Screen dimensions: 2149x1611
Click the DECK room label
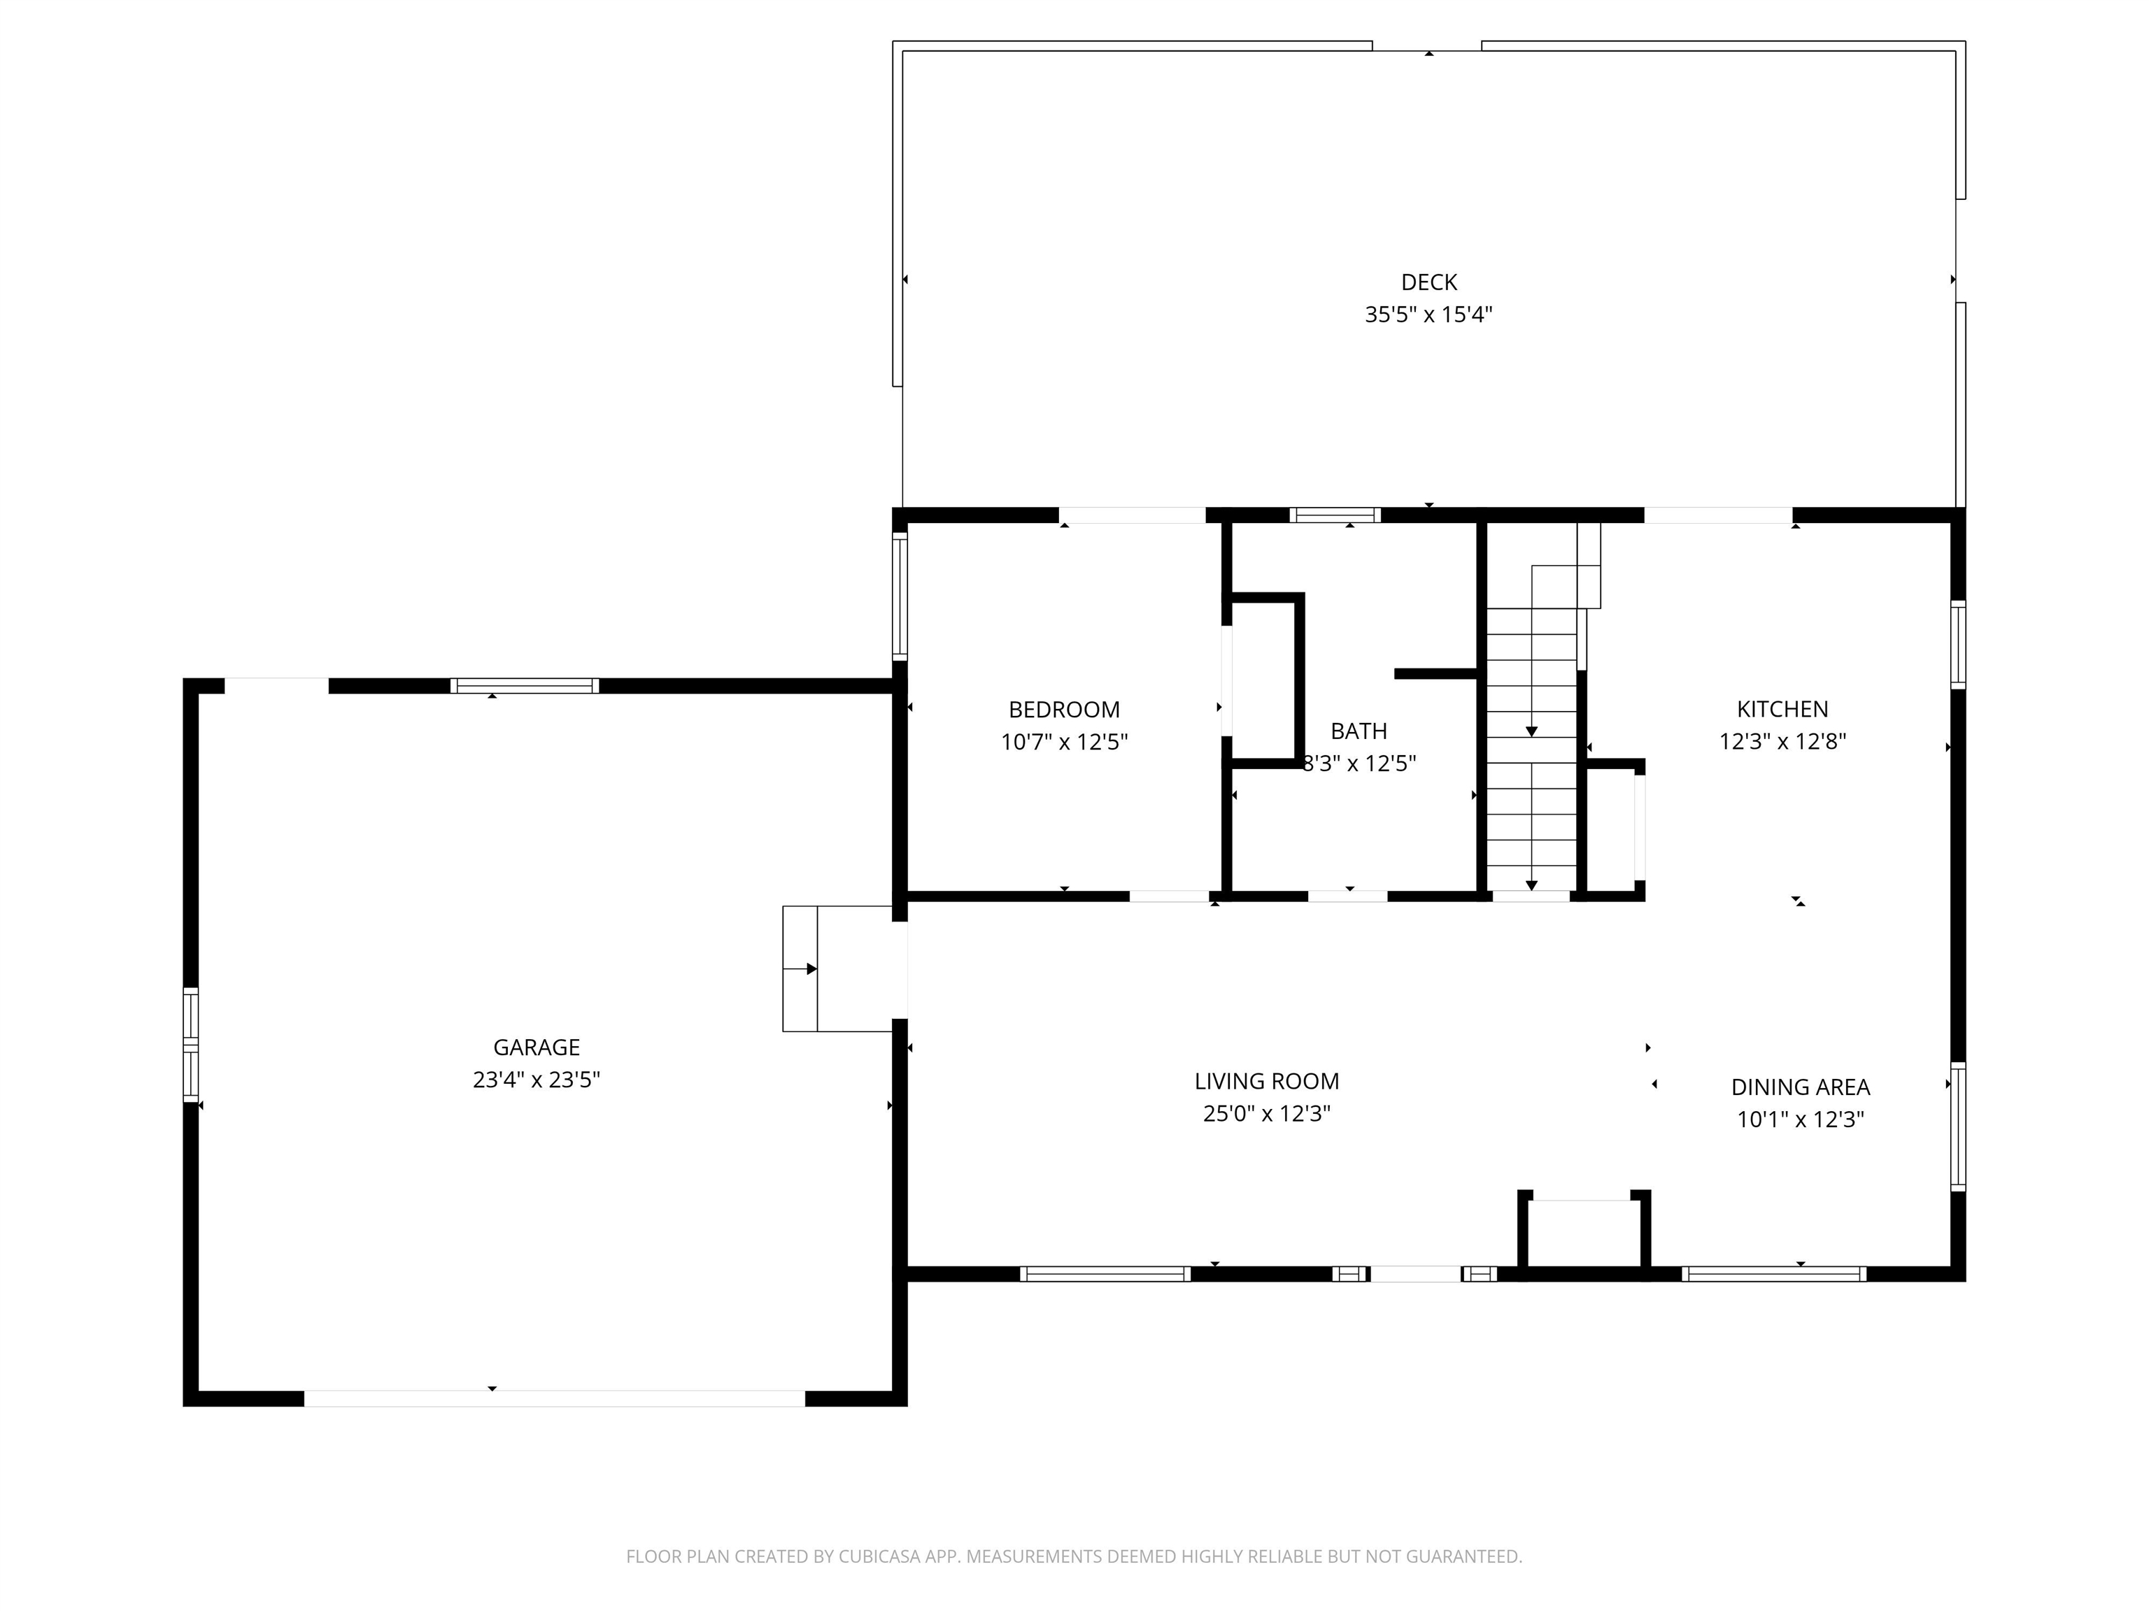[1428, 282]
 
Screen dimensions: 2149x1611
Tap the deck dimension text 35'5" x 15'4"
[1428, 315]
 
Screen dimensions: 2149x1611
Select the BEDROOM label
[1064, 710]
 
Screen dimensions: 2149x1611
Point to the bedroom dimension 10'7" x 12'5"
[1064, 742]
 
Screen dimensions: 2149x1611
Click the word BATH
[1359, 731]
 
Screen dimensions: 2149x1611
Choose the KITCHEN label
[1782, 710]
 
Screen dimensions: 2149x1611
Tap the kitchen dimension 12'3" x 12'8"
[1782, 742]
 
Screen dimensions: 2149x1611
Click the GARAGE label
[537, 1048]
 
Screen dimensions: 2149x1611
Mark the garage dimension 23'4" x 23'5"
[537, 1080]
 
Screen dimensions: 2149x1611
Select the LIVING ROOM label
[1266, 1082]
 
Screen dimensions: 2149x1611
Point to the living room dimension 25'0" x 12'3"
[1266, 1114]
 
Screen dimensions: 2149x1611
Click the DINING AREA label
[1800, 1087]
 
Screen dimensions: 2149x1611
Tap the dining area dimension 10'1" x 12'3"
[1800, 1119]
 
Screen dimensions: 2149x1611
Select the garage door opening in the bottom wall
[555, 1398]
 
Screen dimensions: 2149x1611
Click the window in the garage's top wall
[525, 685]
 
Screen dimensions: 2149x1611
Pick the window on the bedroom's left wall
[900, 596]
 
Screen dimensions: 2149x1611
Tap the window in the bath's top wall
[1335, 515]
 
